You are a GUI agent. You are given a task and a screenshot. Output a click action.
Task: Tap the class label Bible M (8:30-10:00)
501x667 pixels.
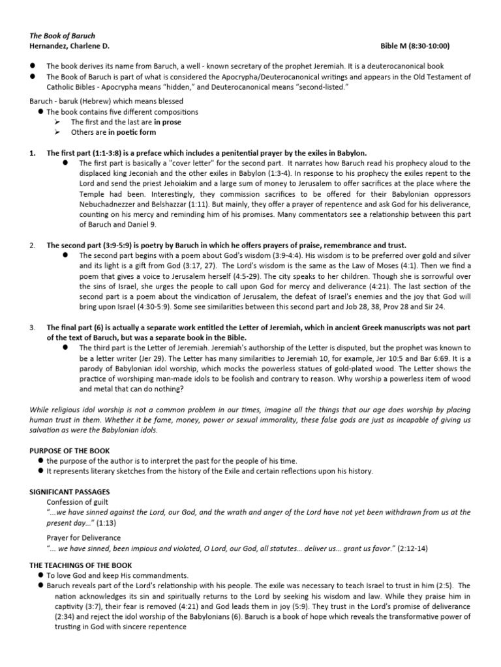point(415,46)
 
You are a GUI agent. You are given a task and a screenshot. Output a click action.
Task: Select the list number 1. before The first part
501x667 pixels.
point(33,152)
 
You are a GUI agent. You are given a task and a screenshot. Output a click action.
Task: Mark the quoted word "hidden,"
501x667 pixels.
point(252,86)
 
